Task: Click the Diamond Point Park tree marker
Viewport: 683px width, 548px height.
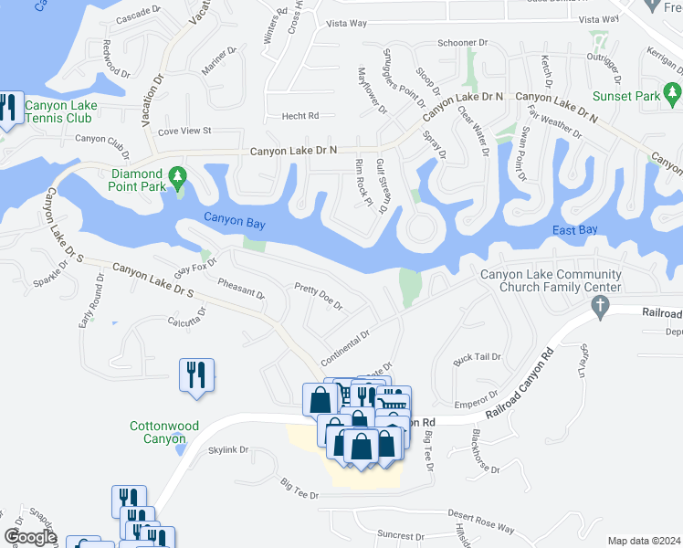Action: [178, 174]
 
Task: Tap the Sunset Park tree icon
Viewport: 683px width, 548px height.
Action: [673, 91]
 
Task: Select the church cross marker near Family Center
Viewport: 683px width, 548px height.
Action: [600, 311]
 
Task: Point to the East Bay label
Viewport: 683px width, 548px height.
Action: [575, 230]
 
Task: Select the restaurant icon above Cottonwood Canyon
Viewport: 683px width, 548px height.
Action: [197, 374]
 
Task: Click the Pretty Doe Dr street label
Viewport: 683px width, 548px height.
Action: [319, 296]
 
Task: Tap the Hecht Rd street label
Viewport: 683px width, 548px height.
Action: [299, 116]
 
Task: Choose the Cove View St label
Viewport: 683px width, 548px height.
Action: [184, 132]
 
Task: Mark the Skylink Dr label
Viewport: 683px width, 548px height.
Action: [228, 450]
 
